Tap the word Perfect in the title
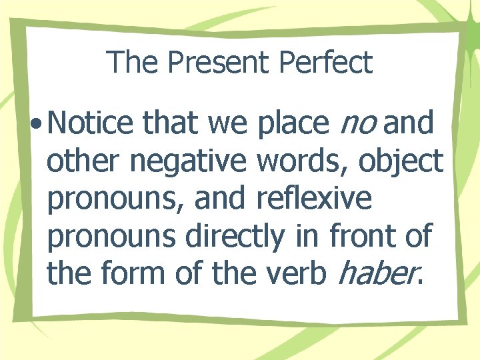pyautogui.click(x=326, y=63)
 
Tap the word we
pyautogui.click(x=229, y=124)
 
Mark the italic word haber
pyautogui.click(x=377, y=273)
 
